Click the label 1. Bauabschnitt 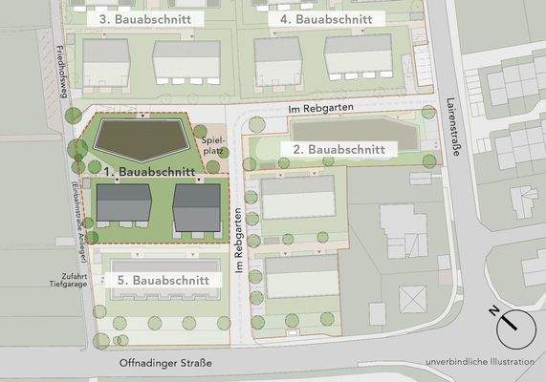tap(149, 172)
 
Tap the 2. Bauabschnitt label tap(339, 150)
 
